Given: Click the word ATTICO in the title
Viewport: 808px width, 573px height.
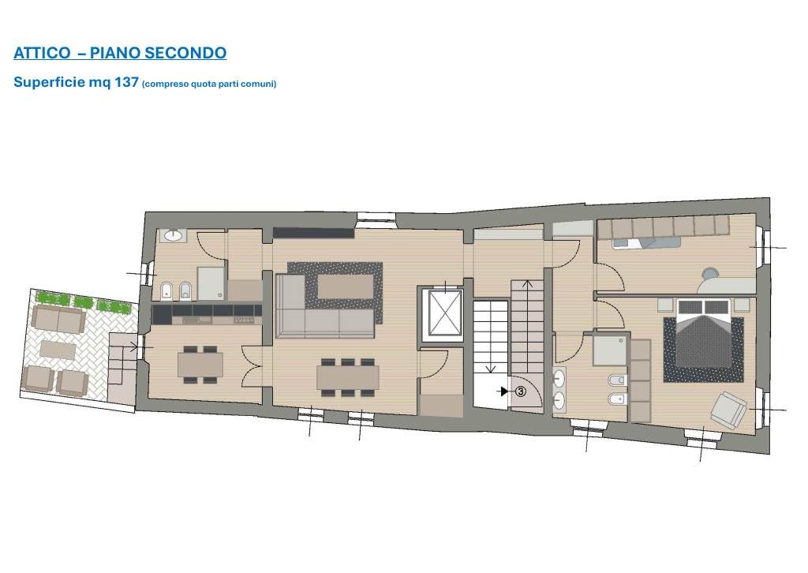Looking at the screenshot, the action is [x=43, y=53].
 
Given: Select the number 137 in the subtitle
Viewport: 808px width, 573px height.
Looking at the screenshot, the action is [x=126, y=82].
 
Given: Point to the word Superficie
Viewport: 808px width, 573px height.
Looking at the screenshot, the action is [x=50, y=82].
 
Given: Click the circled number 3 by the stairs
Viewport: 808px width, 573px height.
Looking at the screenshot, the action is [x=521, y=391].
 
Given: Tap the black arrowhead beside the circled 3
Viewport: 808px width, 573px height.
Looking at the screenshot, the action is [x=505, y=391].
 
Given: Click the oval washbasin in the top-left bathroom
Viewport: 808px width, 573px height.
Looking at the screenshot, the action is [x=174, y=236].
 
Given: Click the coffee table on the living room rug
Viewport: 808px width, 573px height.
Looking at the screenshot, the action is [x=346, y=286].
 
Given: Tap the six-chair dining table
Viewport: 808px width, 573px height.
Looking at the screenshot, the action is [x=348, y=378].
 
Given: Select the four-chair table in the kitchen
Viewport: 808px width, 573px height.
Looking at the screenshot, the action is [x=200, y=365].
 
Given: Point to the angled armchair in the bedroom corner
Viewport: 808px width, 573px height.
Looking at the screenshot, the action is [x=728, y=409].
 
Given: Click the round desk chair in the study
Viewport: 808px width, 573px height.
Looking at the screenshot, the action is [x=711, y=272].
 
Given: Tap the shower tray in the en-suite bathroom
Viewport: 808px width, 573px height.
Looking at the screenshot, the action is [x=610, y=350].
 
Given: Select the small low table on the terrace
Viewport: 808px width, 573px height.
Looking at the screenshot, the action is [x=58, y=349].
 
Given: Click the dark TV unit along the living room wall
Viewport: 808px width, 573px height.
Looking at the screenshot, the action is [x=313, y=233].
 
